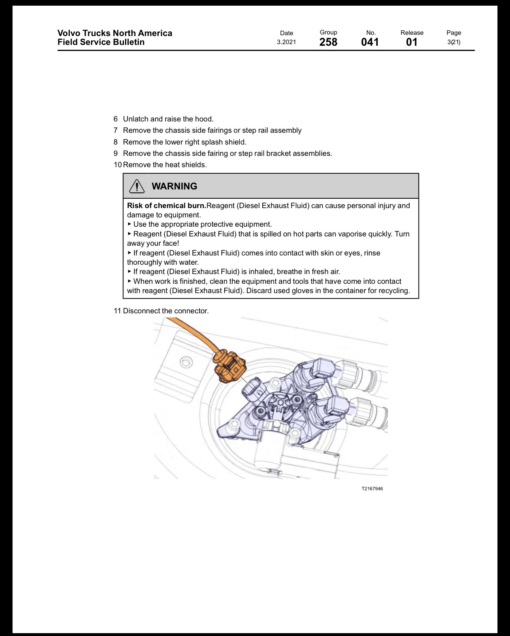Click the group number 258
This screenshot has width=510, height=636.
point(328,42)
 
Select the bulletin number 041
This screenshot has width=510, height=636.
point(370,42)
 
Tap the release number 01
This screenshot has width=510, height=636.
point(412,42)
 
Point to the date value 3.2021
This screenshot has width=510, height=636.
point(286,42)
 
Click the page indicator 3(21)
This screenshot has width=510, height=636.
point(454,42)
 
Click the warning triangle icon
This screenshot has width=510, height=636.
point(137,186)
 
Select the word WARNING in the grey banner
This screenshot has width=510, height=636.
point(174,186)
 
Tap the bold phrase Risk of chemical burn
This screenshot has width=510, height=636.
point(167,205)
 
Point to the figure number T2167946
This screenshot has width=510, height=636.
point(372,489)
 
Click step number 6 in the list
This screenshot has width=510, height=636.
point(115,119)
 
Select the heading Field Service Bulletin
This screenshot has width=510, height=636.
point(101,42)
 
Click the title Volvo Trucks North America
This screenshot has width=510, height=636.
point(115,33)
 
